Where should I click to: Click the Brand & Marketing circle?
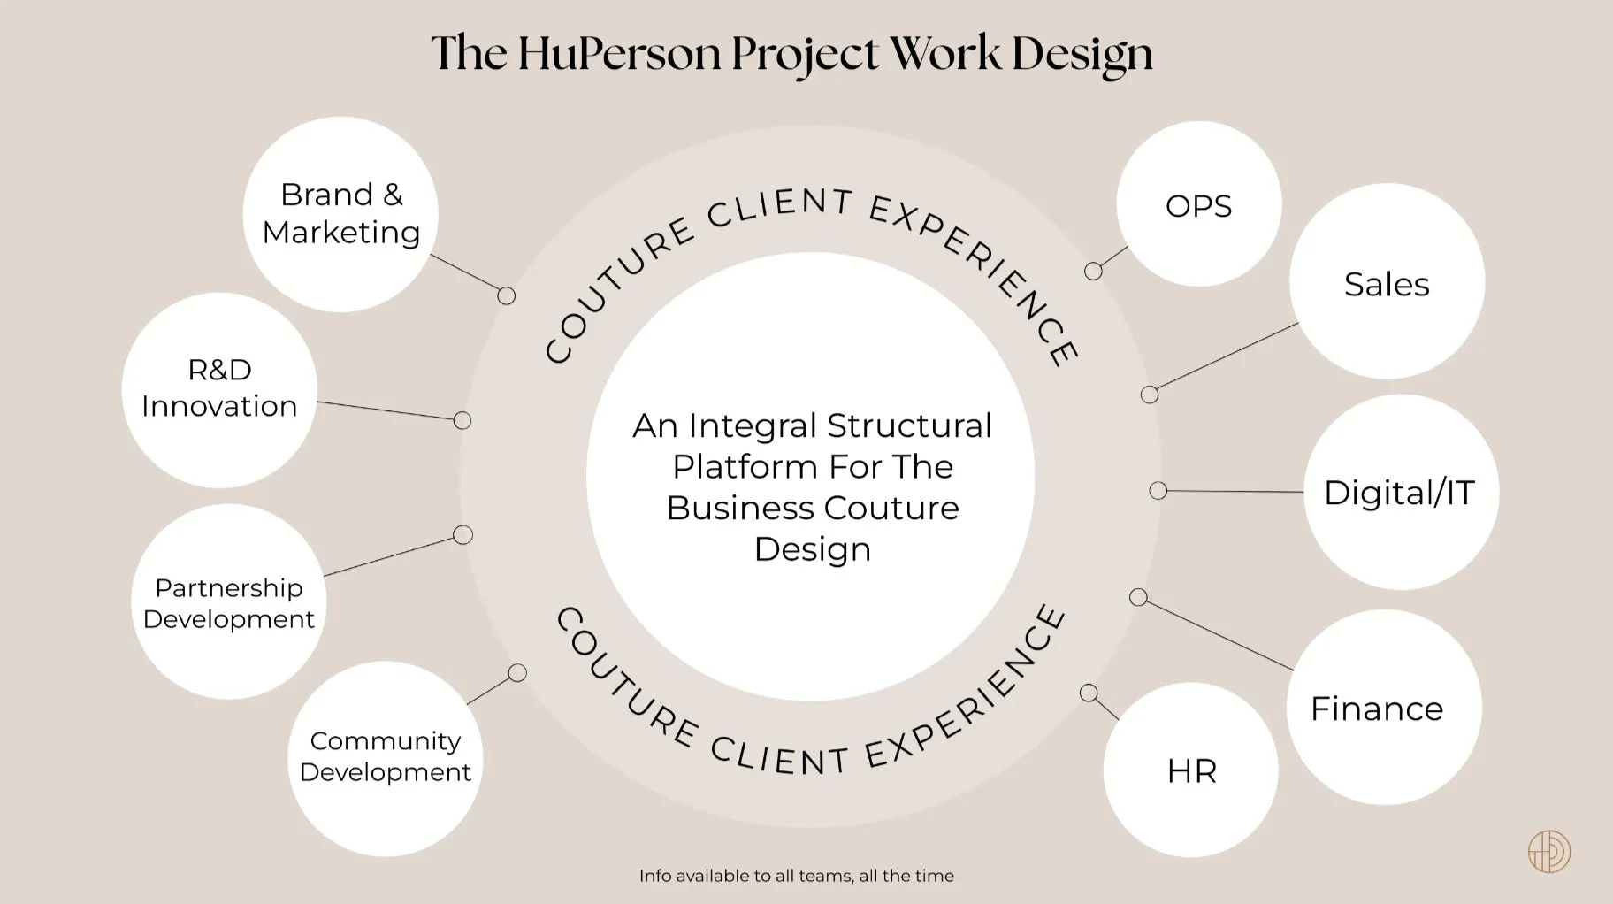(x=340, y=214)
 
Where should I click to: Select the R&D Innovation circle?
(x=219, y=389)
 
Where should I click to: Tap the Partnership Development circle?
(x=229, y=601)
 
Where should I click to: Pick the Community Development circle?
(x=386, y=758)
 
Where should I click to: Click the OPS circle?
(x=1198, y=204)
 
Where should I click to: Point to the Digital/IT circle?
(x=1401, y=492)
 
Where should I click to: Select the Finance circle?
(x=1383, y=707)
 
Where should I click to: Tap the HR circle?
(x=1191, y=770)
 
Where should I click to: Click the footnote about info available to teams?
(x=796, y=876)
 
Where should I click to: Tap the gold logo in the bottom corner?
(x=1549, y=852)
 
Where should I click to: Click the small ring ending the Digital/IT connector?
(x=1158, y=490)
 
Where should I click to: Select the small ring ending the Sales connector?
(x=1149, y=395)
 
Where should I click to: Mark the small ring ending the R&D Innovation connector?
(x=462, y=420)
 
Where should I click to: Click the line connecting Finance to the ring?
(x=1216, y=633)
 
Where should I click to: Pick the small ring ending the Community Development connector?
(x=517, y=673)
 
